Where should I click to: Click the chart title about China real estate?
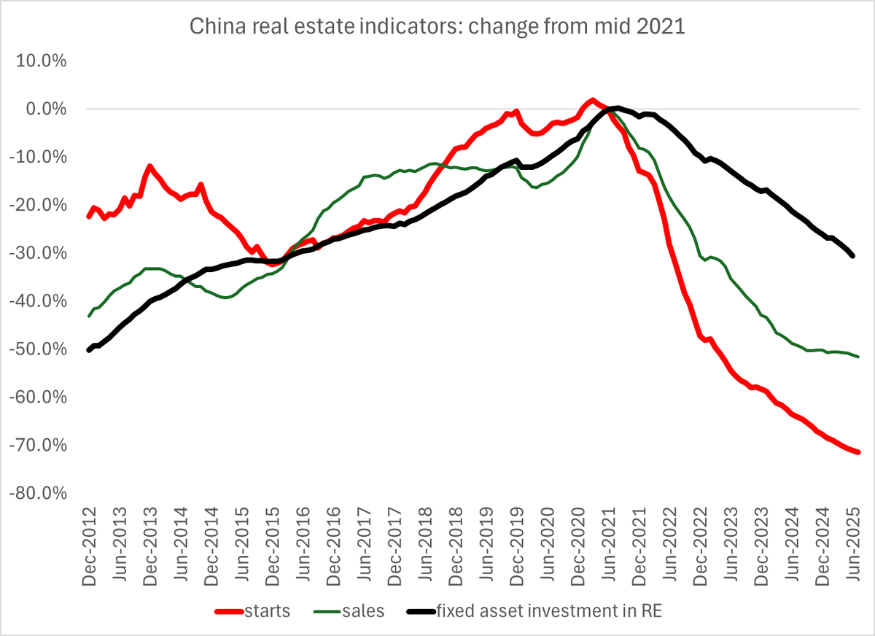pos(437,27)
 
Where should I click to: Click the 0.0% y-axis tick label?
pos(46,109)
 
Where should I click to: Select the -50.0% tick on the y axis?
pos(40,349)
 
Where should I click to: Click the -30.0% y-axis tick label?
pos(40,253)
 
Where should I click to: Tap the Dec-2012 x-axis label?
pos(90,542)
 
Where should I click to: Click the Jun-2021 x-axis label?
pos(612,542)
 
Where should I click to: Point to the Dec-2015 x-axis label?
pos(273,542)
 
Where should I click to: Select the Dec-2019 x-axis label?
pos(519,542)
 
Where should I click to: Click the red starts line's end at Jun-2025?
pos(858,452)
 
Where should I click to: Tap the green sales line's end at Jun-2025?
pos(858,357)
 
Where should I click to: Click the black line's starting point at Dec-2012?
pos(89,350)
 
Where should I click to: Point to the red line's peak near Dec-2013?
pos(150,166)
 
